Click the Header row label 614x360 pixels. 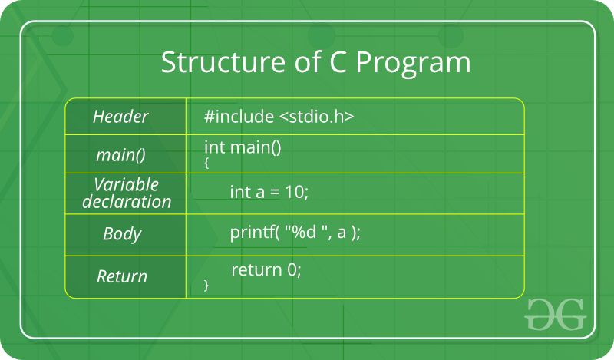coord(120,117)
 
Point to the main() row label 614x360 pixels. coord(120,155)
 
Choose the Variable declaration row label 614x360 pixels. coord(127,193)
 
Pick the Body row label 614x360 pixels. coord(122,234)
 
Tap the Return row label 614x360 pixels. coord(121,276)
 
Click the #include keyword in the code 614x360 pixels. coord(239,117)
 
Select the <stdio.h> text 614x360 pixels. coord(316,117)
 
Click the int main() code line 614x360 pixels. coord(243,147)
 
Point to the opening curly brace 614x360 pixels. coord(206,163)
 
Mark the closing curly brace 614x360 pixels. coord(206,286)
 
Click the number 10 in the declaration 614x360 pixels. coord(295,192)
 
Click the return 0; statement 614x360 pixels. coord(266,270)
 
